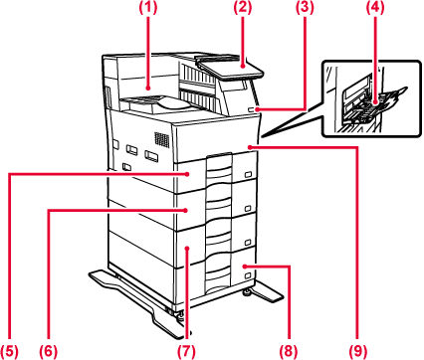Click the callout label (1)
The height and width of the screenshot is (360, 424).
pyautogui.click(x=147, y=8)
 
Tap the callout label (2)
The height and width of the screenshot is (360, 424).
pyautogui.click(x=242, y=8)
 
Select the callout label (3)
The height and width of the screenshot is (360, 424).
pyautogui.click(x=305, y=8)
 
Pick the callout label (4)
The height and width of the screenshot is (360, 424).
pyautogui.click(x=375, y=8)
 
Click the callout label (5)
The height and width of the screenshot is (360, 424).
pyautogui.click(x=9, y=350)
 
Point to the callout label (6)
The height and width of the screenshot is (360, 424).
pyautogui.click(x=49, y=350)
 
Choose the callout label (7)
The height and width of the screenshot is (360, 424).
pyautogui.click(x=186, y=350)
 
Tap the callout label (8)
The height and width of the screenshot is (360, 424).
pyautogui.click(x=289, y=350)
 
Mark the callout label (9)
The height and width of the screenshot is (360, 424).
pyautogui.click(x=358, y=350)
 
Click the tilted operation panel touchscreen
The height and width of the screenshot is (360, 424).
pyautogui.click(x=231, y=68)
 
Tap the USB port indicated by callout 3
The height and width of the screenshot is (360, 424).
pyautogui.click(x=251, y=109)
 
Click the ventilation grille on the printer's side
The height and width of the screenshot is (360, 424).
pyautogui.click(x=161, y=139)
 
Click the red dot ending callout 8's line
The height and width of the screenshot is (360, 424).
pyautogui.click(x=245, y=266)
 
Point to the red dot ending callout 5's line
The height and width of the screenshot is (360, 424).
pyautogui.click(x=187, y=174)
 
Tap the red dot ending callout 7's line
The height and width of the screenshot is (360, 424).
pyautogui.click(x=187, y=248)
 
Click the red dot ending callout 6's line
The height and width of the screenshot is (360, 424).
pyautogui.click(x=186, y=210)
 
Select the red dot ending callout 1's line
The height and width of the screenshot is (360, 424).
pyautogui.click(x=148, y=89)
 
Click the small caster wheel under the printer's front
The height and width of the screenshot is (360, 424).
pyautogui.click(x=247, y=292)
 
